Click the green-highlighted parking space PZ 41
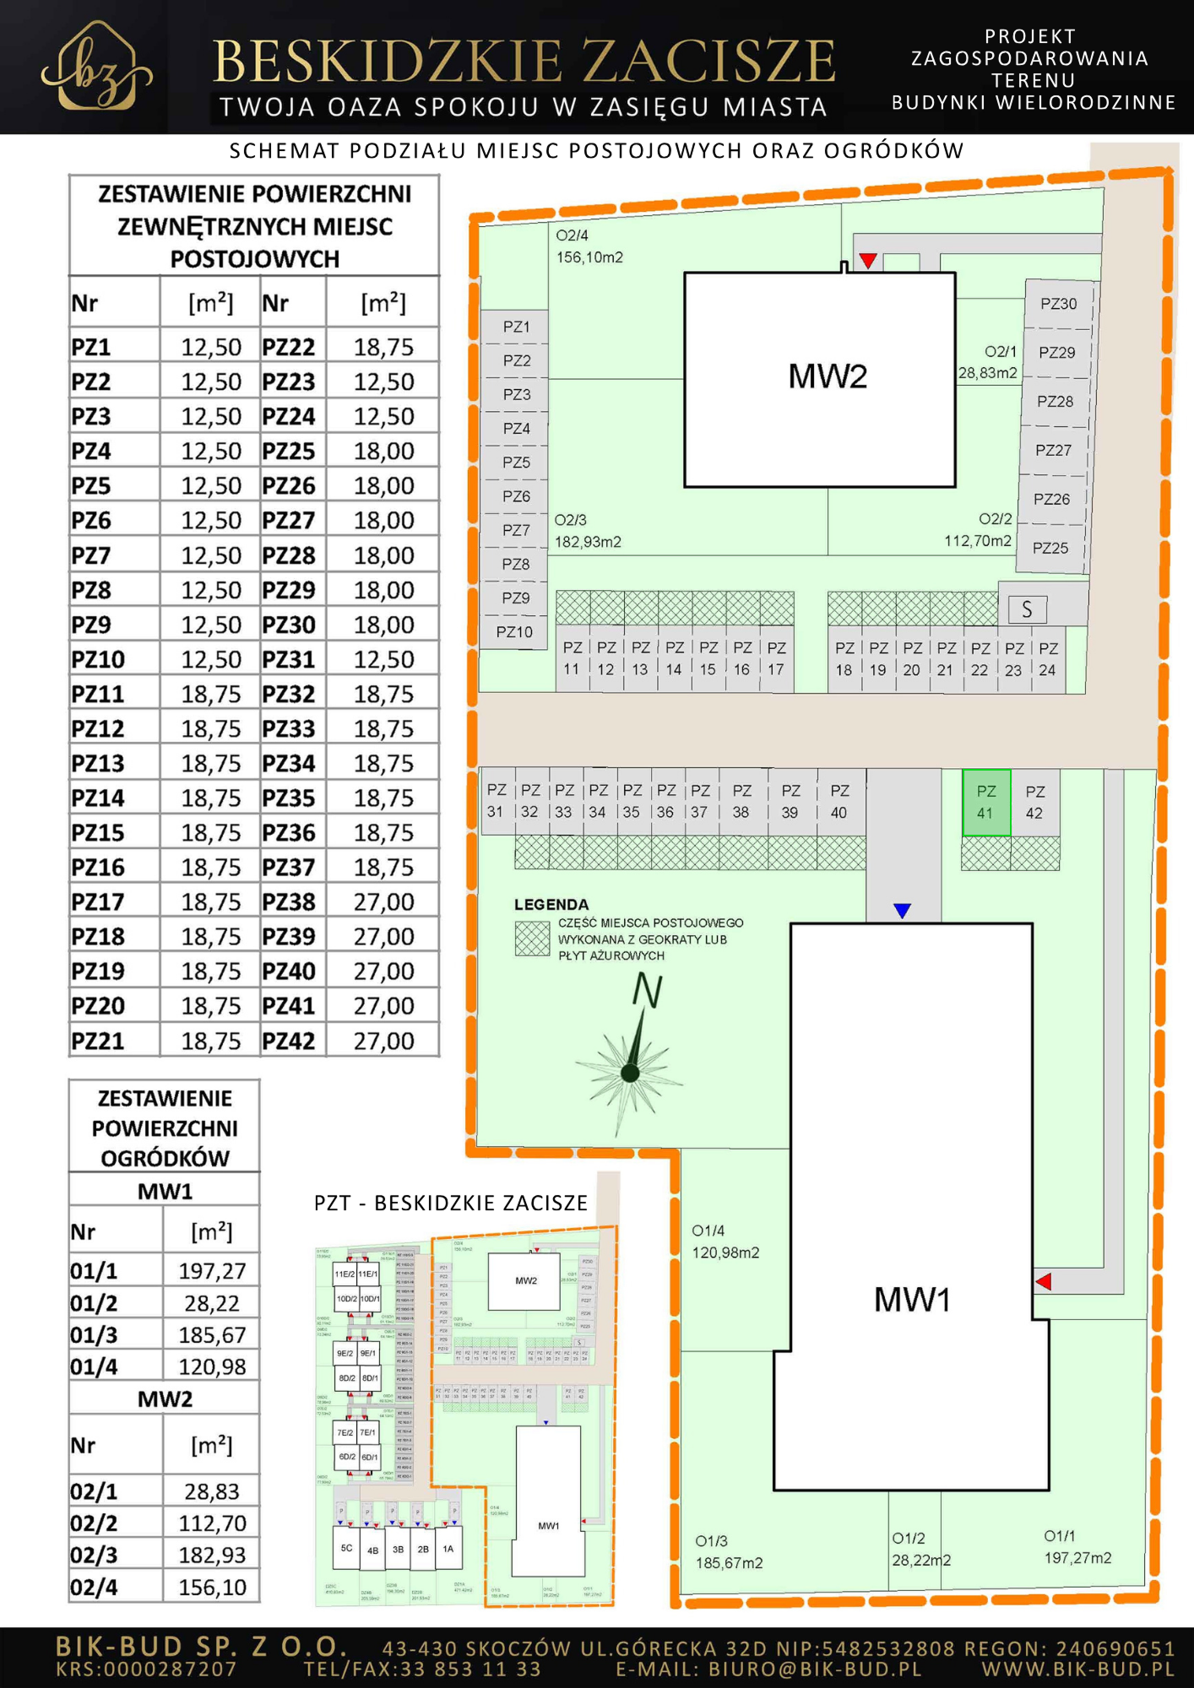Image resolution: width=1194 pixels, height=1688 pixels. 986,802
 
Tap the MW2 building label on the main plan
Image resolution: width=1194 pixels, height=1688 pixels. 828,376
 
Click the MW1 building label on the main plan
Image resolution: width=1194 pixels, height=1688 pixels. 913,1300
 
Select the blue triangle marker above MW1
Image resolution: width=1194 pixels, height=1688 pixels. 902,911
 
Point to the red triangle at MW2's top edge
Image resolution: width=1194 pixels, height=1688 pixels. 868,260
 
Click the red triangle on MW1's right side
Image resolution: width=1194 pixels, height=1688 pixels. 1044,1281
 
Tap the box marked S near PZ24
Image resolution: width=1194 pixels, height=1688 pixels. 1027,609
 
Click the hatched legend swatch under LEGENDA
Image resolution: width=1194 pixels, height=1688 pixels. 533,938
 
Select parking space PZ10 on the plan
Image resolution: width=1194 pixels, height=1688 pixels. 514,632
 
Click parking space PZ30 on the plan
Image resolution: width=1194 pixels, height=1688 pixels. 1058,304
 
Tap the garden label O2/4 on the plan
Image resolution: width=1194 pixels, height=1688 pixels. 572,235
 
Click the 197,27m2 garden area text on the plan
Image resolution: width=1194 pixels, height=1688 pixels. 1077,1558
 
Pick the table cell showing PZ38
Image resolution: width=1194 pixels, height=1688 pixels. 289,902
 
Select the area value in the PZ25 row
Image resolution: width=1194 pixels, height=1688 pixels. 383,452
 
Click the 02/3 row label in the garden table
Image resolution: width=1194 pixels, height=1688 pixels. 94,1555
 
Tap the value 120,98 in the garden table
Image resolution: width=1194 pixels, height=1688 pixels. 212,1366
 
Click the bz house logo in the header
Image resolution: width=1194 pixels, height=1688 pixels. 96,68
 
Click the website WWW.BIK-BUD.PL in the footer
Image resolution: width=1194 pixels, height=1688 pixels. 1077,1669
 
